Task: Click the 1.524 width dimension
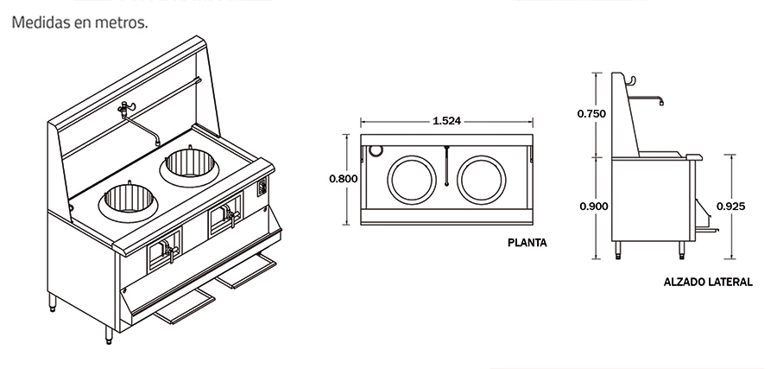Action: (445, 121)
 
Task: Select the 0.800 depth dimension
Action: (343, 179)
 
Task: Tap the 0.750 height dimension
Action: (591, 113)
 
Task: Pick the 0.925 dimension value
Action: (730, 207)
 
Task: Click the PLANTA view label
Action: (527, 243)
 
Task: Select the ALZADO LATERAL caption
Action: (707, 282)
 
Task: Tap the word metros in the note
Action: (123, 22)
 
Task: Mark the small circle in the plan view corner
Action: (375, 149)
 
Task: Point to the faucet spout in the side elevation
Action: (660, 101)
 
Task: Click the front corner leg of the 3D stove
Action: (109, 335)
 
